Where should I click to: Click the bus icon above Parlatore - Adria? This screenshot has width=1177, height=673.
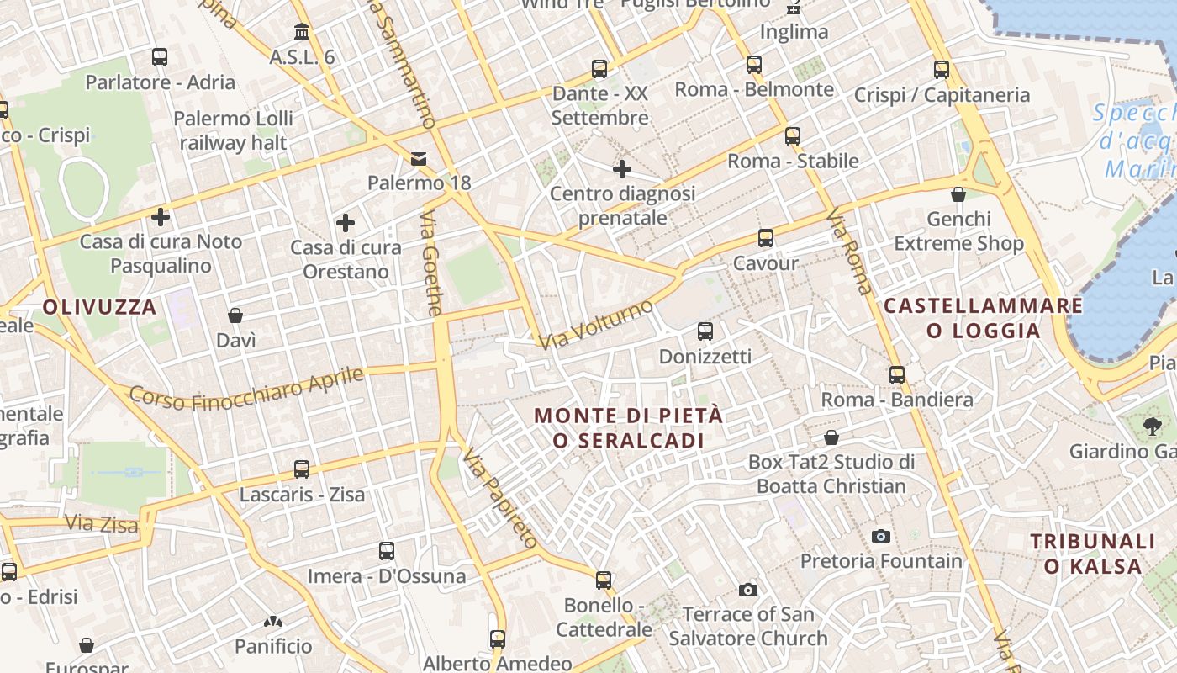click(160, 57)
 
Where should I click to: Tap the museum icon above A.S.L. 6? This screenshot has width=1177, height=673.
click(301, 32)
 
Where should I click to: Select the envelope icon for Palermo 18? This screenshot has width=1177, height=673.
click(418, 158)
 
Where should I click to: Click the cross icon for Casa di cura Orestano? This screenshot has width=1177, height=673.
click(345, 223)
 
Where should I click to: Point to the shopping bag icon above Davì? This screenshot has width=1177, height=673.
click(235, 315)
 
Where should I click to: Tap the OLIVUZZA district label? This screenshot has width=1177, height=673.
click(100, 307)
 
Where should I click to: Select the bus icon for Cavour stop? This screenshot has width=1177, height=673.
click(765, 238)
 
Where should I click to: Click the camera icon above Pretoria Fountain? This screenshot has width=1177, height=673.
click(880, 536)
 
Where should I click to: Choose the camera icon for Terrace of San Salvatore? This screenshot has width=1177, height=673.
click(747, 590)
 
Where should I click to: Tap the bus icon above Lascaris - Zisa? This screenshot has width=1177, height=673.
click(302, 469)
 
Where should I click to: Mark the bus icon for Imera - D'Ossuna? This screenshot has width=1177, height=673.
click(386, 551)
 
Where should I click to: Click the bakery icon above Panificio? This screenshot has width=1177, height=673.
click(272, 622)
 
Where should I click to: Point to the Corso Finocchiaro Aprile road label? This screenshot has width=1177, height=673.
click(246, 389)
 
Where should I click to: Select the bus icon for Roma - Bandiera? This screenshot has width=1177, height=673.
click(897, 374)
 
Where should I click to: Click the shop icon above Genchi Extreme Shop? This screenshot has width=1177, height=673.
click(958, 194)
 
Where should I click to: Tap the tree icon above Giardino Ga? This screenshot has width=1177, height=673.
click(1152, 427)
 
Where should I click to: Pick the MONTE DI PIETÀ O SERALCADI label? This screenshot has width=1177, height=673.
click(628, 427)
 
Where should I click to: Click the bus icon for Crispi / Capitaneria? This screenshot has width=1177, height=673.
click(942, 70)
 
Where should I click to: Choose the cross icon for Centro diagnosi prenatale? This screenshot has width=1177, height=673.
click(621, 169)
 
